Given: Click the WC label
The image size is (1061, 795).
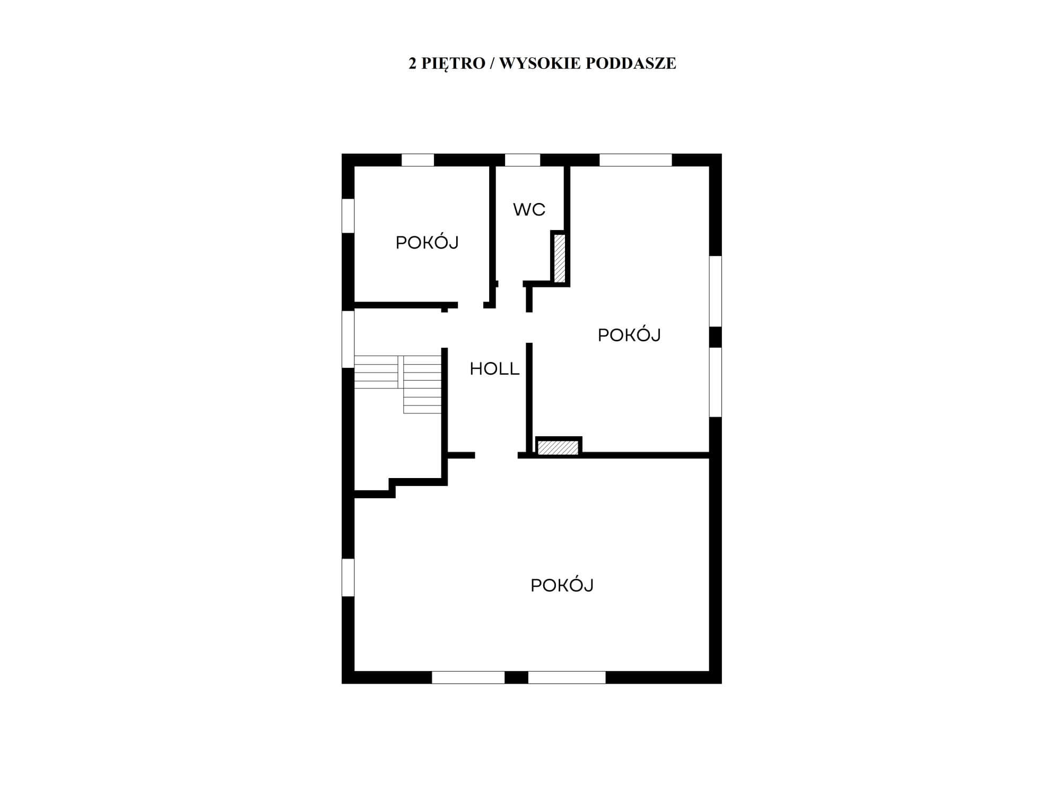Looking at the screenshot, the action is coord(529,209).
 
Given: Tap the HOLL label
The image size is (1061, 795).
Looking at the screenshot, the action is coord(494,369).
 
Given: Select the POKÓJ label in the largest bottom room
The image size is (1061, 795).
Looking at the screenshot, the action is coord(562,585).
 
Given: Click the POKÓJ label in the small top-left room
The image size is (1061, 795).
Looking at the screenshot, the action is coord(427,242).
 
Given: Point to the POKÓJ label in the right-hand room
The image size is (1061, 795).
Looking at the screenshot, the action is coord(629,334).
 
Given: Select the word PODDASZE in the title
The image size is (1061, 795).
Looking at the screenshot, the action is coord(631,63).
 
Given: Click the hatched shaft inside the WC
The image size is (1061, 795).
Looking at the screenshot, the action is coord(560,258).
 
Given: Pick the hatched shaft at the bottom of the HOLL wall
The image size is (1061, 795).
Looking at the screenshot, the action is coord(558,447).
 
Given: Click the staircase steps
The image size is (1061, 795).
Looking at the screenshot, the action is coord(398,384).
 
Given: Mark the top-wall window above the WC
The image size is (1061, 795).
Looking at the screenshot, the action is coord(523,160).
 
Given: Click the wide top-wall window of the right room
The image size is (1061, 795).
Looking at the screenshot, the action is coord(636,160).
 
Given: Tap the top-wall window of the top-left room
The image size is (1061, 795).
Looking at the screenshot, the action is coord(418,160).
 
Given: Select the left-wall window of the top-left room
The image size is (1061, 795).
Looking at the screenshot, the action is coord(348,216).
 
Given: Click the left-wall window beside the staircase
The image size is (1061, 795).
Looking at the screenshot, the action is coord(348,339).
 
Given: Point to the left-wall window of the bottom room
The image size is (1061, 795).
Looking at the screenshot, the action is coord(348,577).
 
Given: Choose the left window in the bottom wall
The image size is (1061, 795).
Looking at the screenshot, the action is coord(468,677).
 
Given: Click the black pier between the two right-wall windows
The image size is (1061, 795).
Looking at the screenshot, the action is coord(716,337).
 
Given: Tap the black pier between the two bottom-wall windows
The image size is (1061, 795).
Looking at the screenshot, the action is coord(516,677).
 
